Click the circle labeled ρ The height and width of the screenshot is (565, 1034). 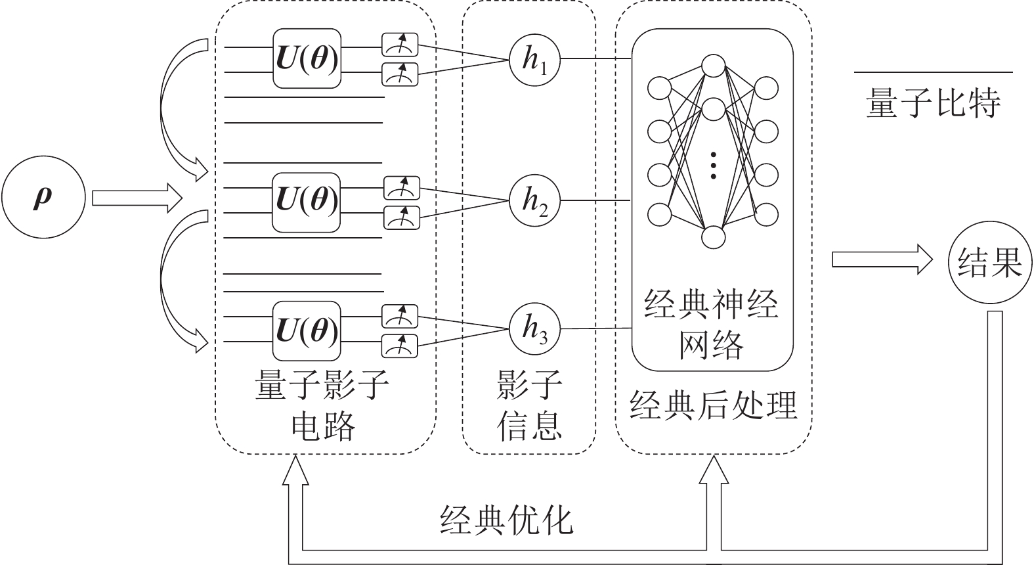click(43, 198)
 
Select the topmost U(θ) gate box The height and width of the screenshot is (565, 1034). click(307, 58)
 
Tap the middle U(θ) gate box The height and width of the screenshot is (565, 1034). click(307, 202)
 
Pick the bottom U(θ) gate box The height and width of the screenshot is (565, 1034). click(307, 330)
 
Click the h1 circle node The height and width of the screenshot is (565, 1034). click(535, 60)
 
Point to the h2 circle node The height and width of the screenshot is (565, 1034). click(535, 200)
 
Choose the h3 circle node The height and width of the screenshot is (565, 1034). click(535, 328)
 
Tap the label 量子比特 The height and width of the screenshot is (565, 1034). click(933, 104)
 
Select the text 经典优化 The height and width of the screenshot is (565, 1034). click(506, 520)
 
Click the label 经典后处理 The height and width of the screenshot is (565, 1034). click(714, 405)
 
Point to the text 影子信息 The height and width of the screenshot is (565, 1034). click(529, 405)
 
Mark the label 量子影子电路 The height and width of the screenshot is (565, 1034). click(322, 405)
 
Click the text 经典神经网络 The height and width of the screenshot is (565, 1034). click(712, 325)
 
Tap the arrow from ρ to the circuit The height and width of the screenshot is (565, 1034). click(137, 198)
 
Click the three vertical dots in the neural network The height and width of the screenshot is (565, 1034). click(714, 166)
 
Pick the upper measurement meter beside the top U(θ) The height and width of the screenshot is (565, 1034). click(400, 45)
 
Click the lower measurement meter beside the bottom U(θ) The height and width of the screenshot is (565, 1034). click(400, 344)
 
